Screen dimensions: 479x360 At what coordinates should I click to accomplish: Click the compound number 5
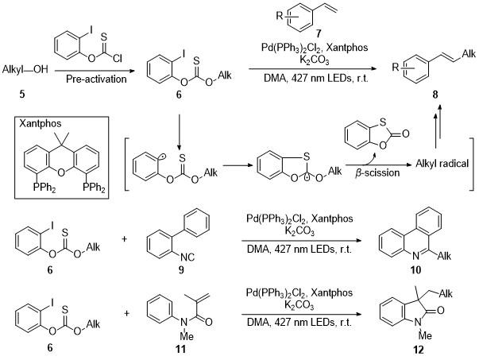tap(22, 94)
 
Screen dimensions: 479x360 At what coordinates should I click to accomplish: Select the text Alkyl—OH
tap(25, 69)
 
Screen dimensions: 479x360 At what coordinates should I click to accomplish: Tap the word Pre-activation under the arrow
tap(96, 79)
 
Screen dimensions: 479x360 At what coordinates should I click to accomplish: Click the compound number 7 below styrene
tap(319, 33)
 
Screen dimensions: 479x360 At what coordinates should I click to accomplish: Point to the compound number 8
tap(435, 95)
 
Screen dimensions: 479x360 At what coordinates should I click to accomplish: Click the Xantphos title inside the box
tap(41, 123)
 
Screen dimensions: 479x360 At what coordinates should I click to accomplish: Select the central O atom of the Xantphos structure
tap(61, 173)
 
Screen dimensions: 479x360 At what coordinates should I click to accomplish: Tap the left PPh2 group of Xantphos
tap(44, 188)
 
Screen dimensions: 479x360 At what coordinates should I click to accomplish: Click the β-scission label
tap(377, 173)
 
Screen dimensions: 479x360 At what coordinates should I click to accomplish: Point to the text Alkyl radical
tap(442, 164)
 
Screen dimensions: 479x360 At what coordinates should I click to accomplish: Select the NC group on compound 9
tap(187, 257)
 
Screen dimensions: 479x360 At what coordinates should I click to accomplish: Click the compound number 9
tap(181, 270)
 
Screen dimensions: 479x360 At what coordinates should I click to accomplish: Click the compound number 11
tap(181, 348)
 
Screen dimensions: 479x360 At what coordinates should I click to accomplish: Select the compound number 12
tap(419, 350)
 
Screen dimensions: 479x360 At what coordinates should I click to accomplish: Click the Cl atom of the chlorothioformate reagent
tap(118, 58)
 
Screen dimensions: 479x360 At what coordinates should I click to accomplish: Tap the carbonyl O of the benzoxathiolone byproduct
tap(405, 134)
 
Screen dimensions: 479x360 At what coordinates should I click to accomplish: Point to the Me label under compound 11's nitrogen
tap(187, 336)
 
